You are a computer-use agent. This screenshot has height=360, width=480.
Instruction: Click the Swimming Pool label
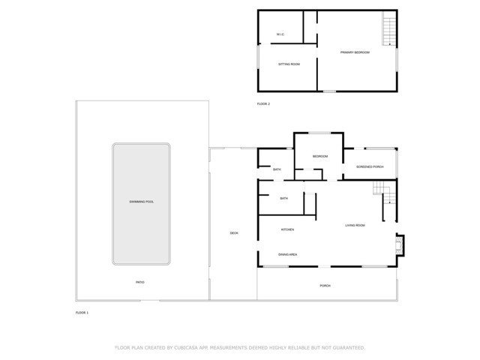pos(141,202)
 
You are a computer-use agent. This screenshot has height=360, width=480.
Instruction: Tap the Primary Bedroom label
pos(355,52)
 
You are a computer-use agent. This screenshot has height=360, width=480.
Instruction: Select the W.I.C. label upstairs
pos(280,34)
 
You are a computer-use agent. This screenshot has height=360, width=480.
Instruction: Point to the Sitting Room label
pos(289,64)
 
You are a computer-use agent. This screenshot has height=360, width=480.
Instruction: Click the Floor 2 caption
pos(263,103)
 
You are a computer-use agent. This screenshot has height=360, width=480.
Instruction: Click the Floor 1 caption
pos(82,312)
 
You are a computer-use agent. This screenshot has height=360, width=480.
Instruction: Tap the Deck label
pos(234,233)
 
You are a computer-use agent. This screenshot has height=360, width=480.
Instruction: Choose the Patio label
pos(140,282)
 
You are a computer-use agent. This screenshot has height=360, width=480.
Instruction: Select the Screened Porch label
pos(370,166)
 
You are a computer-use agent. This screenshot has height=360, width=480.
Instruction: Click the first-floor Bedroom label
pos(320,156)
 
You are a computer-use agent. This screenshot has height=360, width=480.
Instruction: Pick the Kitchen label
pos(287,229)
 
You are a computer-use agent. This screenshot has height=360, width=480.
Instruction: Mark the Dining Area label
pos(288,255)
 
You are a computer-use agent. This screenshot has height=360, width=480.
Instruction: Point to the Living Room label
pos(355,226)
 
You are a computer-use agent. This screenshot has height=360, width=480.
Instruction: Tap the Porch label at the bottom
pos(325,286)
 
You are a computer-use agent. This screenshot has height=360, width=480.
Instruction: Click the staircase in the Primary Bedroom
pos(388,30)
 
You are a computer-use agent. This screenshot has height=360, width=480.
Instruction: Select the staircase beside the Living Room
pos(384,193)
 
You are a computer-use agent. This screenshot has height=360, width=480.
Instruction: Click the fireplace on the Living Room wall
pos(400,244)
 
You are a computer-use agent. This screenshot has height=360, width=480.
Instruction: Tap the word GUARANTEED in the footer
pos(346,348)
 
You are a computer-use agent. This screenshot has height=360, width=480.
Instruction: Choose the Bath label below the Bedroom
pos(283,199)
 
